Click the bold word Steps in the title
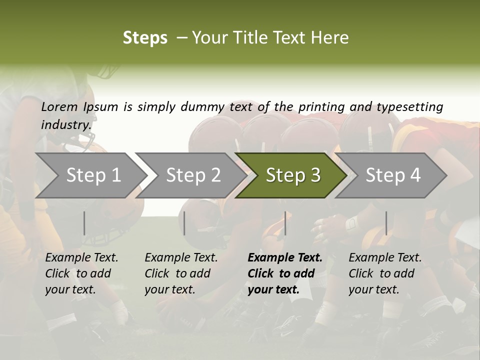coord(145,38)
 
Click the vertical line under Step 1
coord(84,223)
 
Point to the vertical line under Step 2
coord(184,223)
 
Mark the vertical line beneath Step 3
coord(285,223)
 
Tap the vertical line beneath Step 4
coord(386,223)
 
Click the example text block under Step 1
coord(81,273)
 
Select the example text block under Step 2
coord(180,273)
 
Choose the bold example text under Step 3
coord(284,273)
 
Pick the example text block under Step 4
coord(384,273)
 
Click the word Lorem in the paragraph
coord(59,106)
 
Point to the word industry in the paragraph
coord(66,124)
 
